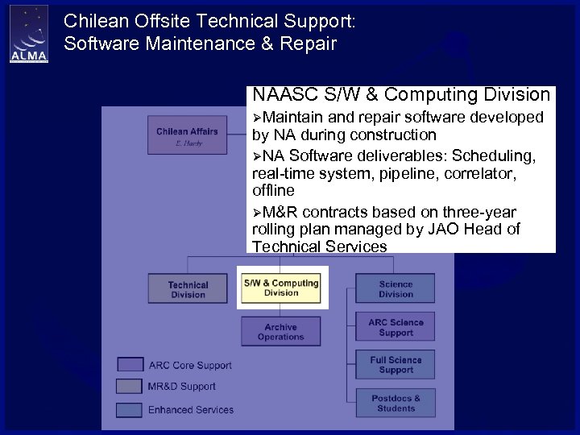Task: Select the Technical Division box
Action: pos(188,289)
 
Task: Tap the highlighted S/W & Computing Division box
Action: pos(281,288)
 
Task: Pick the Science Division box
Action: pos(396,288)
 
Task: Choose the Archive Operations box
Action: pos(280,332)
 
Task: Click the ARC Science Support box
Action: pos(396,327)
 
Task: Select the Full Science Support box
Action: pos(396,365)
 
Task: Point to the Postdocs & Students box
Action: pos(396,403)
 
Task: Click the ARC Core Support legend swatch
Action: pos(130,365)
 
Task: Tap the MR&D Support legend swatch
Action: pos(130,387)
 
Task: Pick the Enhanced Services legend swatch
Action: pos(130,410)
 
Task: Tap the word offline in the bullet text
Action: pos(273,191)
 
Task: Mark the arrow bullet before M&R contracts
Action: pos(257,213)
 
